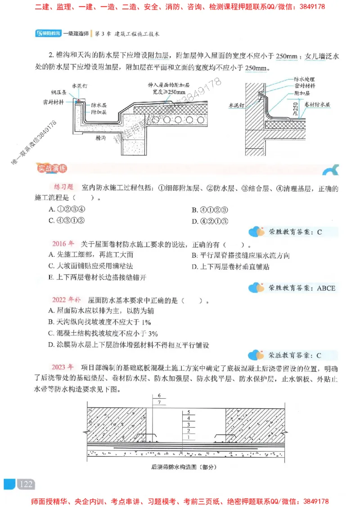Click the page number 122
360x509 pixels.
tap(26, 484)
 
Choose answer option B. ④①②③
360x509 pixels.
tap(211, 210)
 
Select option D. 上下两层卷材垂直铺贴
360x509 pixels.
tap(230, 266)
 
